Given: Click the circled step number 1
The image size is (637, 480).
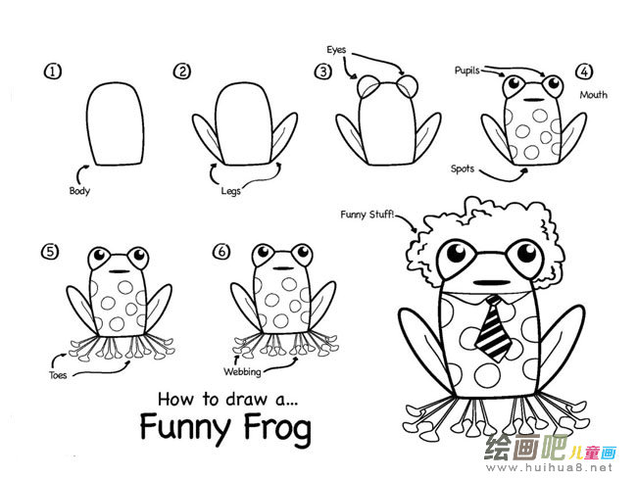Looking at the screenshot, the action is pos(53,72).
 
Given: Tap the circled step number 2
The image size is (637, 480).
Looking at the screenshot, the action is pos(182,72).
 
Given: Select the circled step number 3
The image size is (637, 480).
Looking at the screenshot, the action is pos(323,72).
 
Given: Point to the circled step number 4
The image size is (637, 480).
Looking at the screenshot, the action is pos(584,72).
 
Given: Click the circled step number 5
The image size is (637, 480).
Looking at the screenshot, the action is pos(50,252).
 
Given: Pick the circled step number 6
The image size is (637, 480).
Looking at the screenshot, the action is pos(221,252).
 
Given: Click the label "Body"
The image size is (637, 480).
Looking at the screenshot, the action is pos(79,191).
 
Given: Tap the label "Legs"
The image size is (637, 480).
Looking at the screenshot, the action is pos(230,191).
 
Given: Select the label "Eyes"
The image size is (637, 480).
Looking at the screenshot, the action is pos(336,50).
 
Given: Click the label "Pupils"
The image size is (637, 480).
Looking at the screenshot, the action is pos(467,71).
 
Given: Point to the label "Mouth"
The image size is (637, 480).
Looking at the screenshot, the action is pos(594,95).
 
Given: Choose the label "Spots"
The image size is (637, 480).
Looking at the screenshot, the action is pos(463,168).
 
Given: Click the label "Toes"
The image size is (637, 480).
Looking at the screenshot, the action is pos(58,375).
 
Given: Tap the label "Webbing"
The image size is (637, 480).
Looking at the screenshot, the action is pos(242,371).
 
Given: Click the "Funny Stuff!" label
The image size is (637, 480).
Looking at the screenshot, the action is pos(367,214).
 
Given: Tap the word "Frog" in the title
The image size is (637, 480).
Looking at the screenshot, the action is pos(278,428).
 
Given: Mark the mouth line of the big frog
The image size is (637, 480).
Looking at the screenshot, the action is pos(492,282).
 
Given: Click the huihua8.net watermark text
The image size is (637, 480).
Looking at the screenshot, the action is pos(549,467).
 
